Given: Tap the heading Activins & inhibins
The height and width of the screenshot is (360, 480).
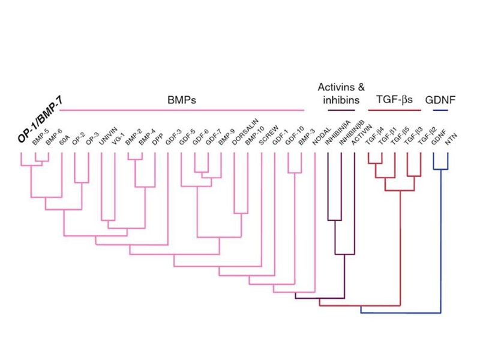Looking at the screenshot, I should (x=341, y=94).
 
